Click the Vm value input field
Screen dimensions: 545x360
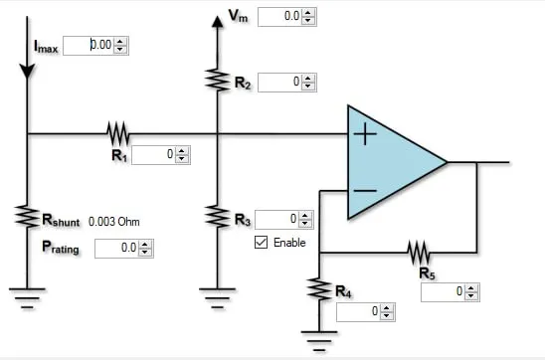(280, 16)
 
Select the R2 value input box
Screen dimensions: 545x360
(280, 83)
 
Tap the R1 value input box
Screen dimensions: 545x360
(154, 154)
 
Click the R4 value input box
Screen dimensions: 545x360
(359, 311)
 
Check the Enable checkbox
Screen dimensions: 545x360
(261, 243)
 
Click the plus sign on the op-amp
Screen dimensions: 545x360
(365, 134)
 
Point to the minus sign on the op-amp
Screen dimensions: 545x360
(365, 190)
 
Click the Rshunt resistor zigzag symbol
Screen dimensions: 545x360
(27, 217)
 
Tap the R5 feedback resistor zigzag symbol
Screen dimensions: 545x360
(419, 253)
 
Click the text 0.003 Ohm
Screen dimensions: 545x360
(114, 222)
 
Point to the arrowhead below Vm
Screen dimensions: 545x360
(218, 22)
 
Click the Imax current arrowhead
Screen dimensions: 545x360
(27, 72)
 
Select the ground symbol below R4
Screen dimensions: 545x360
(319, 341)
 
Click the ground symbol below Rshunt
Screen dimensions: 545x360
(27, 298)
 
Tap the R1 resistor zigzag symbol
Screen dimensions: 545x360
(117, 133)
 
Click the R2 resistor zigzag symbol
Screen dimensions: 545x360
(218, 80)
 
